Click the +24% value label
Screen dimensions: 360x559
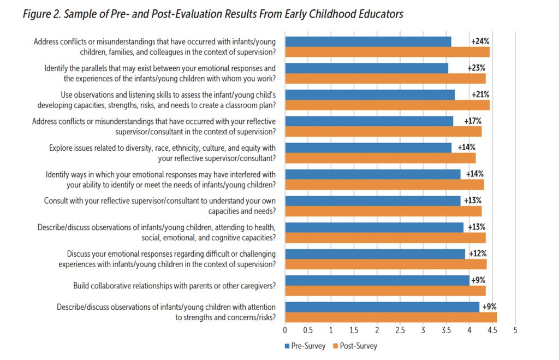480,42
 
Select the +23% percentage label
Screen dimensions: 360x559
477,68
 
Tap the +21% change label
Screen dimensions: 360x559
481,95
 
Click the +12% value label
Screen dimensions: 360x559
476,253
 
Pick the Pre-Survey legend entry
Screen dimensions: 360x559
306,346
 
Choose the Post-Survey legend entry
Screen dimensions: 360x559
358,346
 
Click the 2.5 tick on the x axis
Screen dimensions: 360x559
400,331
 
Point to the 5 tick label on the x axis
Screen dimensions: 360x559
515,331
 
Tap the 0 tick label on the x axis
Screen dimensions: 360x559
285,331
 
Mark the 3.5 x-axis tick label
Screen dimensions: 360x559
446,331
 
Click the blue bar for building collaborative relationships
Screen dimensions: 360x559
377,280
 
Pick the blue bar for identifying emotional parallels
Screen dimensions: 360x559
366,68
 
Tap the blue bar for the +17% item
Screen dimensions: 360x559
369,121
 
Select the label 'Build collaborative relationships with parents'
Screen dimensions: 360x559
174,286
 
